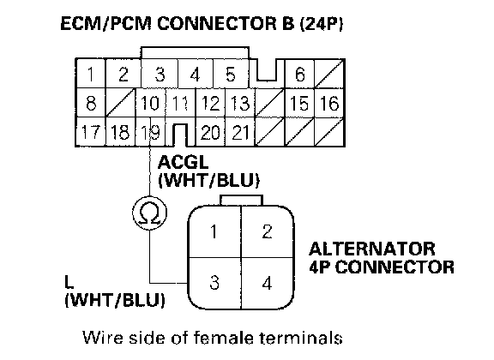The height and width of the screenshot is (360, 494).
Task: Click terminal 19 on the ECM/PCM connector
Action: [x=150, y=132]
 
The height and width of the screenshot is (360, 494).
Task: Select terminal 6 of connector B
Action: [x=299, y=74]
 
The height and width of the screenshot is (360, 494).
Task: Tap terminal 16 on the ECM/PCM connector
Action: [x=329, y=103]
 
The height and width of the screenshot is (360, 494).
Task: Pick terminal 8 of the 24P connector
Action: [x=91, y=103]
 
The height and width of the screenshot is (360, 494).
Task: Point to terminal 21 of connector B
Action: [x=240, y=132]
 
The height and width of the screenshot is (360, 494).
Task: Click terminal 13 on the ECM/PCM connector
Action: [x=240, y=103]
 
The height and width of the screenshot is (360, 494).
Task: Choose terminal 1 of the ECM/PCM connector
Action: [x=91, y=74]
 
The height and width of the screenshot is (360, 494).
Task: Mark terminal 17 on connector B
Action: [x=91, y=132]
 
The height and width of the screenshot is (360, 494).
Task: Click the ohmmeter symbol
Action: [x=149, y=213]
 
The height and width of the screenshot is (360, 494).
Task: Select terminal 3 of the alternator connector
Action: [x=214, y=283]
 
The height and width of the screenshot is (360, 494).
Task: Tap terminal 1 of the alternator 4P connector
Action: [x=214, y=232]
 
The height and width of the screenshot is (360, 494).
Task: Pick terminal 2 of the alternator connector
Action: [x=268, y=232]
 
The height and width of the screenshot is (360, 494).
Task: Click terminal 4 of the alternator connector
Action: [x=268, y=283]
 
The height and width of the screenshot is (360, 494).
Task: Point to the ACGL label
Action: [x=183, y=163]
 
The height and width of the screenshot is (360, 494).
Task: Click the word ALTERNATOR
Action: [x=372, y=249]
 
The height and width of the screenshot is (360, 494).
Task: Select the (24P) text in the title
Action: [x=322, y=23]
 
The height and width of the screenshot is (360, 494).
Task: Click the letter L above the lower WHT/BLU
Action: [x=69, y=282]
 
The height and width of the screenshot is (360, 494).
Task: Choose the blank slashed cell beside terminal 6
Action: [x=329, y=74]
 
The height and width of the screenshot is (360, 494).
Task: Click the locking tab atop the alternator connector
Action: [x=241, y=201]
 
